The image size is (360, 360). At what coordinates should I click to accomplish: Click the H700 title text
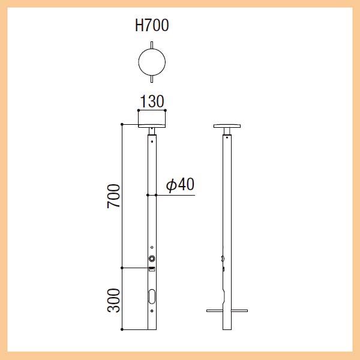(152, 25)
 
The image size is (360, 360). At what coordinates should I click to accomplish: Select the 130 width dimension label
(152, 101)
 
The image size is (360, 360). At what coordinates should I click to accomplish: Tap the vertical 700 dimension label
(113, 196)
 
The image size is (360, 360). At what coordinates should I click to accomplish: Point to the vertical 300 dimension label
(113, 301)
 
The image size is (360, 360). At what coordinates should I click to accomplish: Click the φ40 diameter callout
(180, 184)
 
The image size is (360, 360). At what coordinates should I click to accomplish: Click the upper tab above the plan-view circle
(152, 45)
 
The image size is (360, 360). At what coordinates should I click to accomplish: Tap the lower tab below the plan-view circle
(152, 79)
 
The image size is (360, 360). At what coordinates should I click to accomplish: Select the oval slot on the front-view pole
(152, 296)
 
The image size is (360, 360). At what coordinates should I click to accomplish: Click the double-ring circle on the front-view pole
(152, 259)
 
